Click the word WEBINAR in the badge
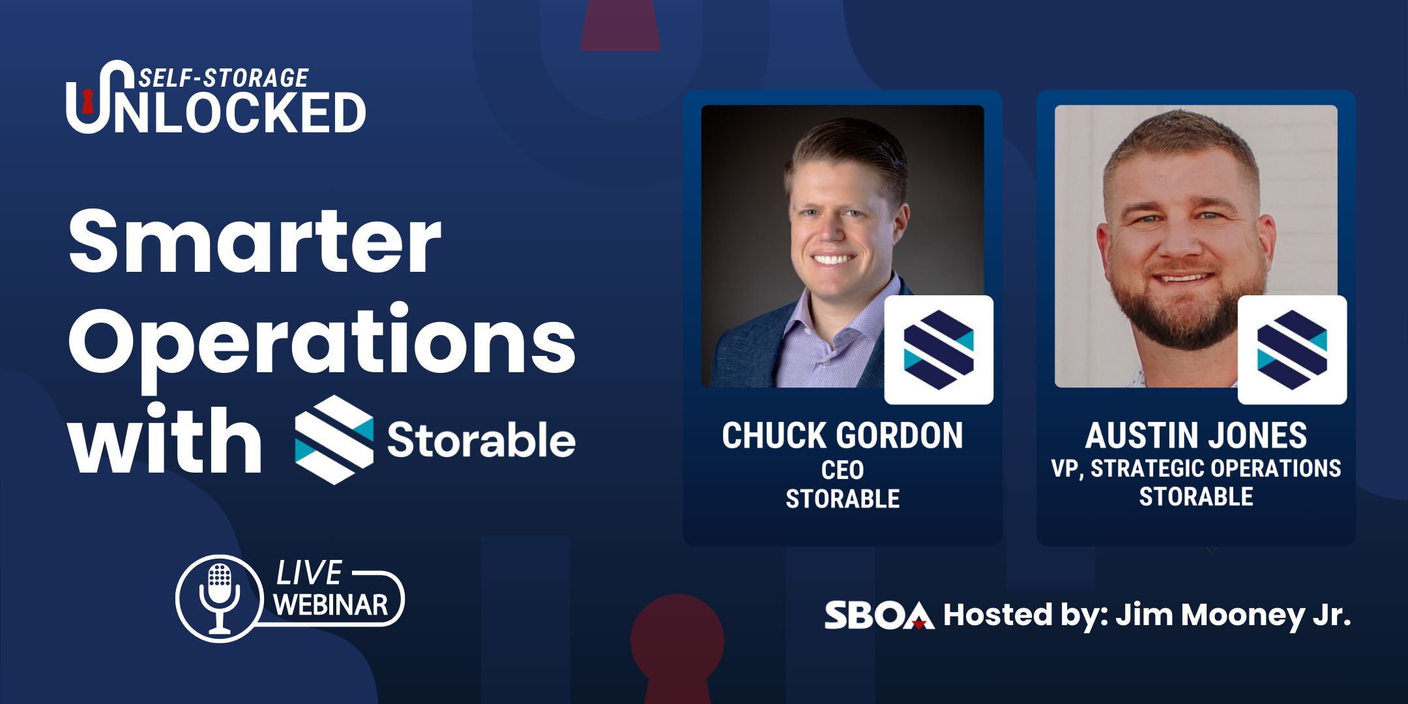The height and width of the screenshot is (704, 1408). [x=330, y=605]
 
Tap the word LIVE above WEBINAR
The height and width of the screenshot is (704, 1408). [x=309, y=573]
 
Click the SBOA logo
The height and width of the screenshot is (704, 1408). [x=879, y=615]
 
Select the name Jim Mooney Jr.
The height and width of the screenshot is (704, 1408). [x=1233, y=615]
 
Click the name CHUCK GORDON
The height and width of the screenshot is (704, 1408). [x=842, y=435]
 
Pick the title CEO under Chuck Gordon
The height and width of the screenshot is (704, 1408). [x=842, y=470]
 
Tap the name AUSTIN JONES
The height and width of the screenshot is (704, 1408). [x=1196, y=435]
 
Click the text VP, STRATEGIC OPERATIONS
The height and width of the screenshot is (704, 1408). [x=1196, y=468]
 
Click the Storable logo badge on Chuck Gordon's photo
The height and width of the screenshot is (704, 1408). [x=939, y=350]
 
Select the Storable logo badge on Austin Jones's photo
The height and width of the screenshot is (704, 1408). [x=1292, y=350]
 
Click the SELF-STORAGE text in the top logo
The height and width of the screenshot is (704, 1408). [x=224, y=78]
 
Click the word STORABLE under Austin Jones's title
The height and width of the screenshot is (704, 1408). [x=1196, y=497]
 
